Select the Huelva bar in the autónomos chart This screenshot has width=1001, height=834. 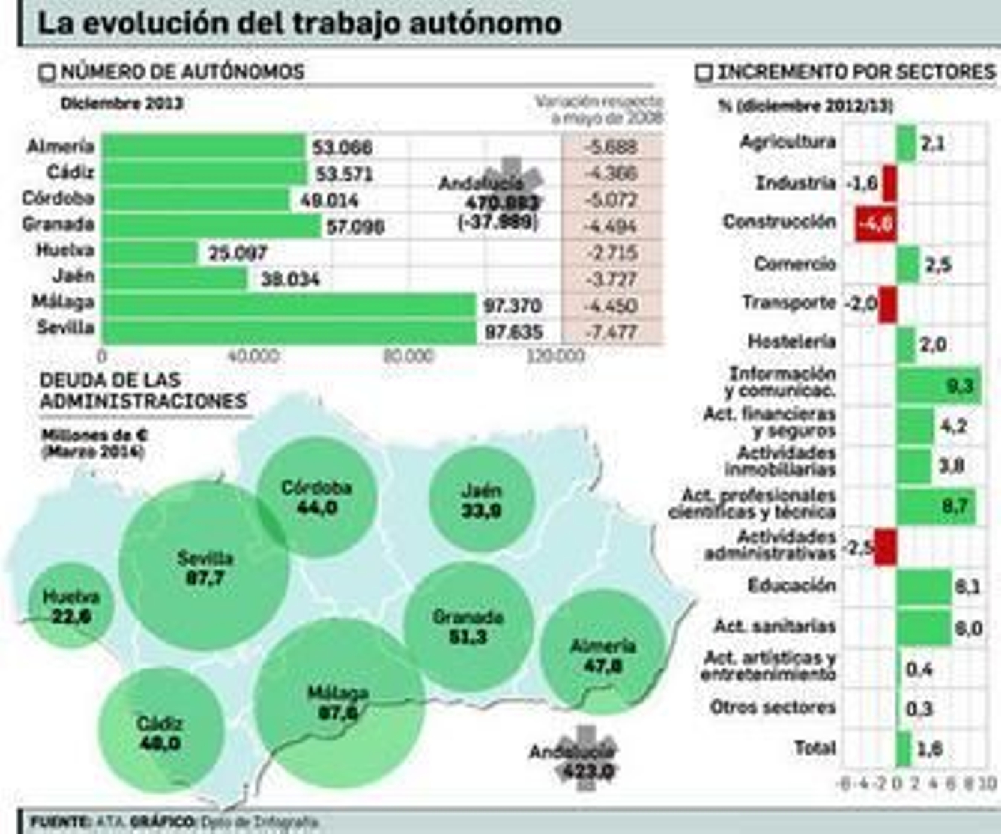tap(150, 252)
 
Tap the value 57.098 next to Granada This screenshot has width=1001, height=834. tap(355, 227)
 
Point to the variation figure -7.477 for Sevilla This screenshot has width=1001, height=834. tap(611, 332)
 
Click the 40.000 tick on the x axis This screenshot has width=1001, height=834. tap(253, 357)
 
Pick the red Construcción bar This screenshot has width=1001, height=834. tap(876, 223)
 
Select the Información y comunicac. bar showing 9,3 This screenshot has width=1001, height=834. tap(938, 385)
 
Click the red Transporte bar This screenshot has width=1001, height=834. tap(887, 304)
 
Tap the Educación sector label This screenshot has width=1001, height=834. tap(791, 586)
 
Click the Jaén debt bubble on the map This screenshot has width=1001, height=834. tap(481, 500)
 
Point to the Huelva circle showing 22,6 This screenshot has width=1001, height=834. tap(71, 606)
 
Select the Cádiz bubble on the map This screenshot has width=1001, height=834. tap(160, 732)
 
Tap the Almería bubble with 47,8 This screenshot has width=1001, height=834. tap(602, 654)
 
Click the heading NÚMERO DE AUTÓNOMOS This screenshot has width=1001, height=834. tap(182, 72)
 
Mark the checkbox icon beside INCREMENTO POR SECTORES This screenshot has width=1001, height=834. tap(704, 73)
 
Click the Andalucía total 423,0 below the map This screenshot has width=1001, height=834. tap(587, 771)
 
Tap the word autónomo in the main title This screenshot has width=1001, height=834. tap(485, 24)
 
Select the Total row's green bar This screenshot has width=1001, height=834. tap(903, 749)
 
